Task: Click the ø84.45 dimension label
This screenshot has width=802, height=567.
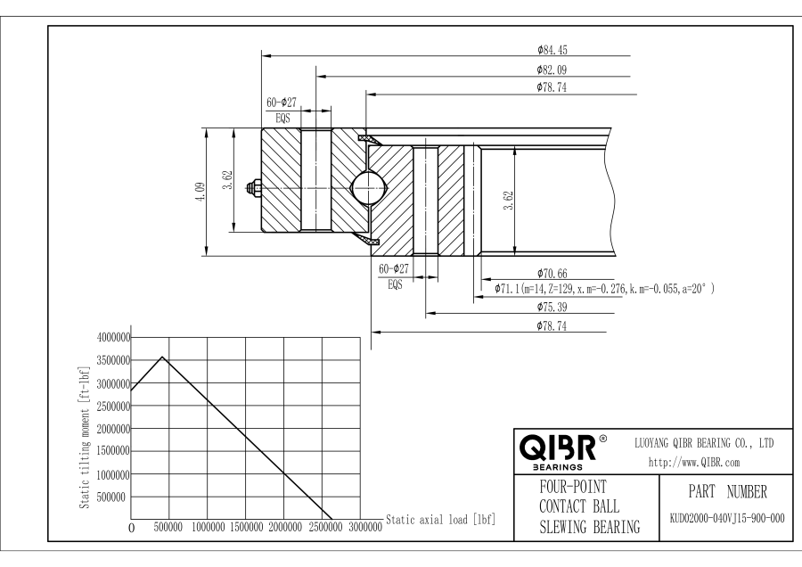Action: pyautogui.click(x=554, y=49)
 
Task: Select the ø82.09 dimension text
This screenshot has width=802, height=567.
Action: pyautogui.click(x=554, y=69)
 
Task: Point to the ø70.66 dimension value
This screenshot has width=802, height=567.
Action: pyautogui.click(x=554, y=272)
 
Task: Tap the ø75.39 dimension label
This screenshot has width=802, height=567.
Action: pyautogui.click(x=554, y=307)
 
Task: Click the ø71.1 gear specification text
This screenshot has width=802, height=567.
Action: pyautogui.click(x=605, y=289)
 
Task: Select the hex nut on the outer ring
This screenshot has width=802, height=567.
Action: pyautogui.click(x=256, y=188)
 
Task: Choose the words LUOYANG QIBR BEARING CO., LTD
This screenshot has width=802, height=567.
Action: pyautogui.click(x=703, y=442)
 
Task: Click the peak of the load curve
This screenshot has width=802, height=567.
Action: pyautogui.click(x=161, y=357)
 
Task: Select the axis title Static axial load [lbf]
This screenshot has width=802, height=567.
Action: pyautogui.click(x=440, y=519)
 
